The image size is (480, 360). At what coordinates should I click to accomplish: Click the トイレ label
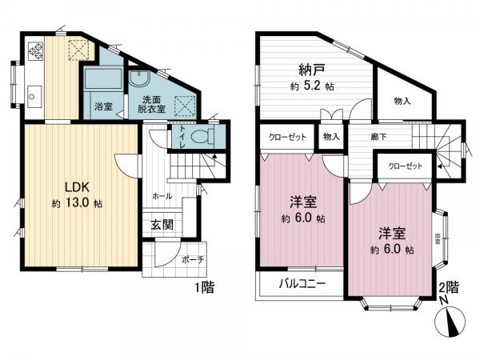pyautogui.click(x=183, y=136)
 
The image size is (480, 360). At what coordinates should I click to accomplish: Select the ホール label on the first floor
pyautogui.click(x=161, y=194)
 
